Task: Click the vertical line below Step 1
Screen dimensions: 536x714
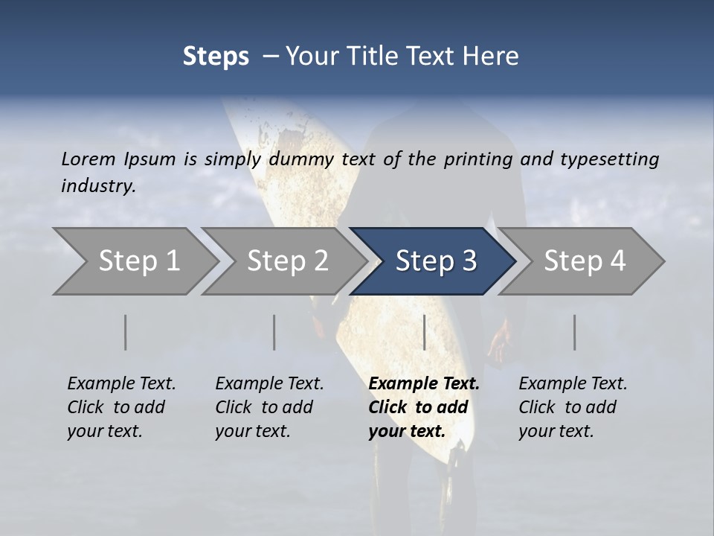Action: pos(126,332)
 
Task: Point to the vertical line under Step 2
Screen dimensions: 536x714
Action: pos(274,332)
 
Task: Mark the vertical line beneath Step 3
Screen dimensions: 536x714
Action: pos(424,332)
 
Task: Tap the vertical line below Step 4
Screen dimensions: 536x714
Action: pos(574,332)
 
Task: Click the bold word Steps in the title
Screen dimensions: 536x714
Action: pos(216,57)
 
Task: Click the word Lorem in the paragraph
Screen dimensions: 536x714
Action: pos(88,159)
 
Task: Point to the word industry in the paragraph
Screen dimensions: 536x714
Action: pos(97,185)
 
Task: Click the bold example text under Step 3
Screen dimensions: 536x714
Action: pos(423,407)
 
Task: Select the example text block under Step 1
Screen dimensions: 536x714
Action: pos(120,407)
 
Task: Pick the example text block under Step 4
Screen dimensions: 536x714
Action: pos(572,407)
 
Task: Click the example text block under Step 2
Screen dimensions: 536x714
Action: pos(268,407)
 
